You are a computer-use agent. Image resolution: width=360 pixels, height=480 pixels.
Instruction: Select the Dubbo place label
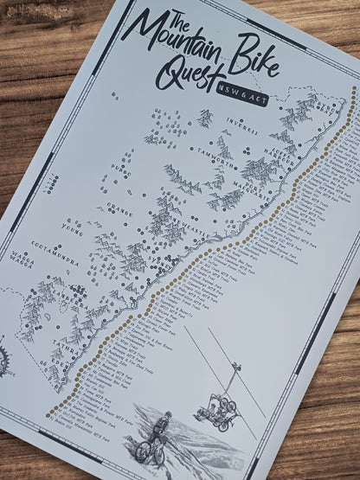(x=123, y=171)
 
